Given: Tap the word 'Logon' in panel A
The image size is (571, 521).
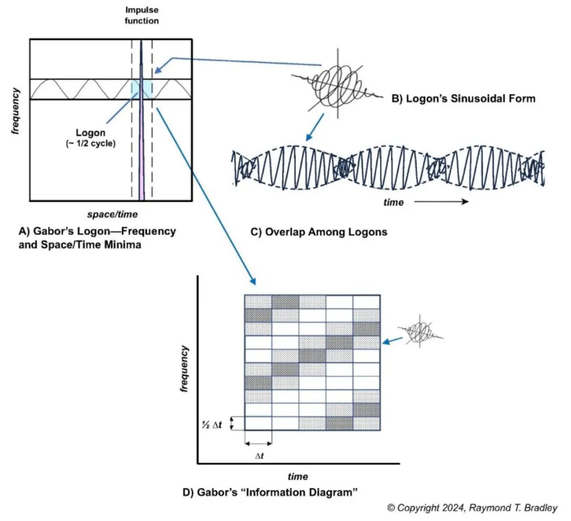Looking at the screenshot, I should (90, 133).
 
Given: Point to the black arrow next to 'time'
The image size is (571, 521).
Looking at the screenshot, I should (441, 202).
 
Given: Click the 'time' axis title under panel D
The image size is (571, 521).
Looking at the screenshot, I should (297, 476).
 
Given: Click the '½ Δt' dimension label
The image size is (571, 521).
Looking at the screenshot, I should (216, 423).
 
